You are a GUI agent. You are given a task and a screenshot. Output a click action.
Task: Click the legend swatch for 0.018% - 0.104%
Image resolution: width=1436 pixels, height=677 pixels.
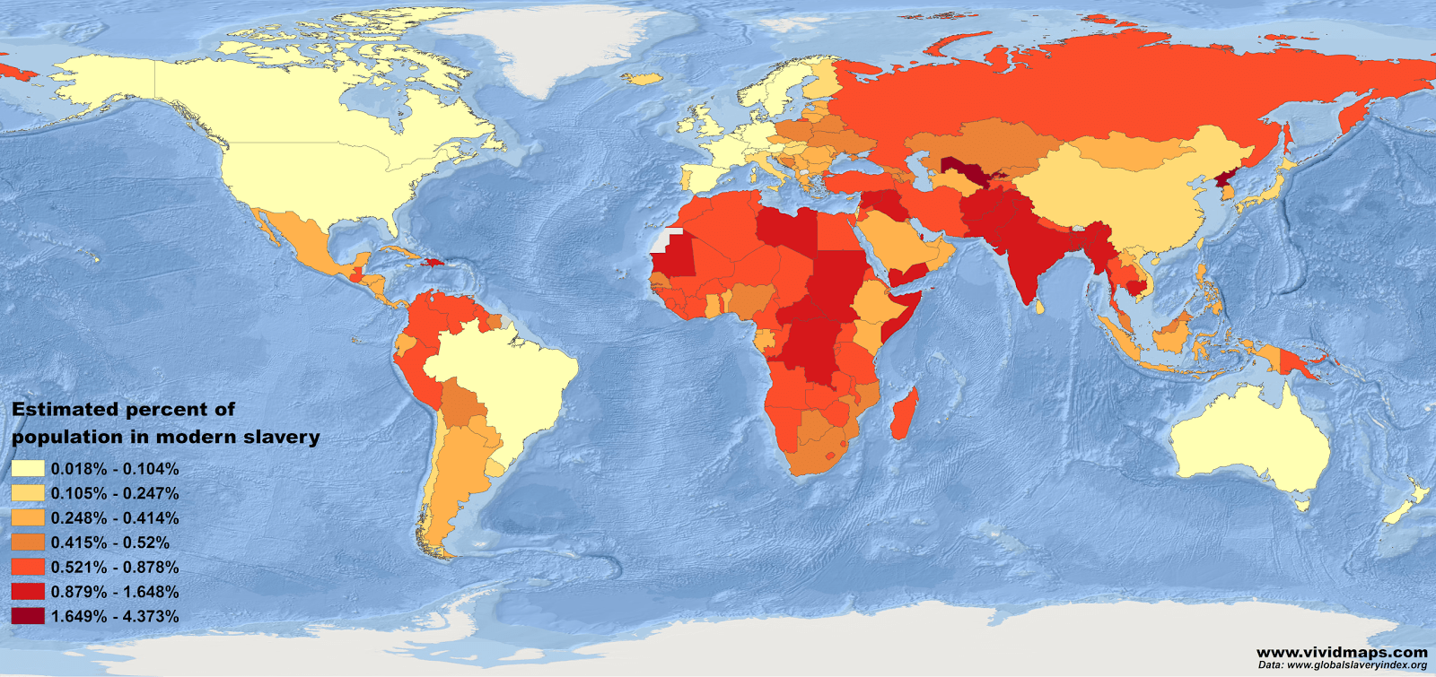tap(28, 469)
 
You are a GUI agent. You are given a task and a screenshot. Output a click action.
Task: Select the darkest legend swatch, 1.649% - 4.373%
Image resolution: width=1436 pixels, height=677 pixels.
tap(28, 616)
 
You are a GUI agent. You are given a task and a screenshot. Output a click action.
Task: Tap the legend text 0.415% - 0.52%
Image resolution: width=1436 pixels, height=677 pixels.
tap(109, 542)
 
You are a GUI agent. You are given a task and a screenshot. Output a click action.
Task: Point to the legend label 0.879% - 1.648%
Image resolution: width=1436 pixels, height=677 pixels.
tap(114, 592)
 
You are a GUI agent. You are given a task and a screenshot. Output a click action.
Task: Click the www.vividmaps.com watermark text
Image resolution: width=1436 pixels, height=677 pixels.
tap(1341, 652)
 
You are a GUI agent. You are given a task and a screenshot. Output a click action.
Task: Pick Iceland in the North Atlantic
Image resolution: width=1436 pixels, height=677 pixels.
tap(643, 79)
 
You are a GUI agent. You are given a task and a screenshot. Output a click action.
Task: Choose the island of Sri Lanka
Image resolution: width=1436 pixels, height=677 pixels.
tap(1041, 307)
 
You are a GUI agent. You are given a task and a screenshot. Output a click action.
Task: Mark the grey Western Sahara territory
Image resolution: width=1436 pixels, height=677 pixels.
tap(661, 240)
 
